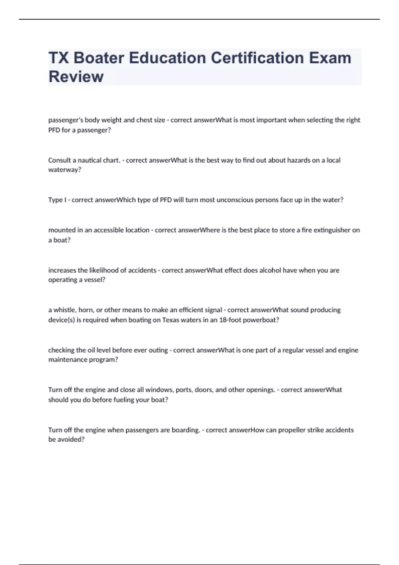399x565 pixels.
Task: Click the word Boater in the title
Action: pyautogui.click(x=98, y=58)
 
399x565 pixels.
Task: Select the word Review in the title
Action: pyautogui.click(x=76, y=76)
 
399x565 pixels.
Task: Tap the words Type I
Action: pyautogui.click(x=57, y=200)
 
